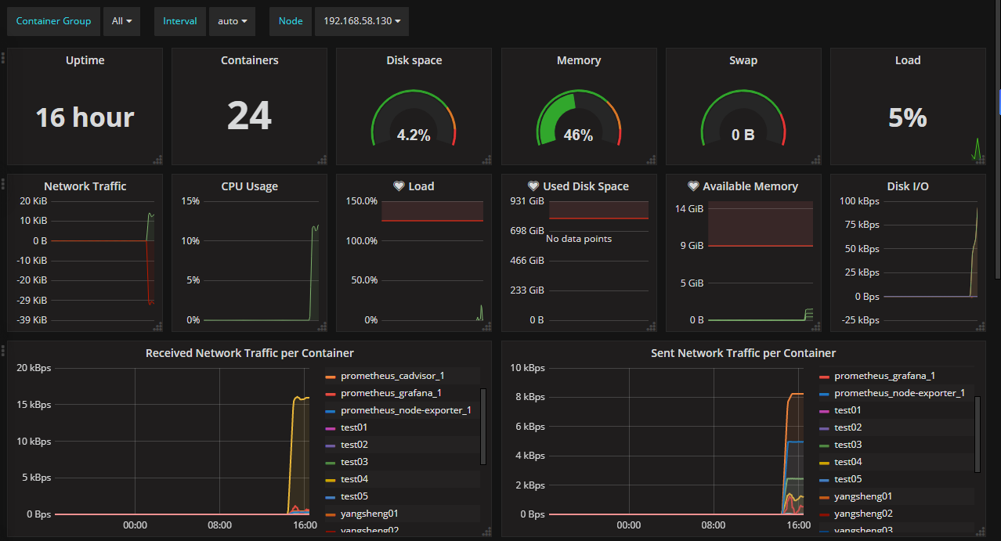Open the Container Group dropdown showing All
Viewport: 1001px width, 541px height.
coord(121,21)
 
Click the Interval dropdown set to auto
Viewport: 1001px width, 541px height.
coord(231,21)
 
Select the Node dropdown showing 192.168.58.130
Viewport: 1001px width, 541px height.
coord(361,21)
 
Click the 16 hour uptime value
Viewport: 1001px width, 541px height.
coord(85,117)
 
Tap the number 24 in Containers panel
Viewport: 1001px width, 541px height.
coord(249,116)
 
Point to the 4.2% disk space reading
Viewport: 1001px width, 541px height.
coord(414,135)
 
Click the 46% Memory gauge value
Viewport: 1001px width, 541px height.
coord(578,135)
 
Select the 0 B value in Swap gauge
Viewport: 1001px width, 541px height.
coord(743,135)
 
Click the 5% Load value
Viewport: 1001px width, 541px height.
coord(908,117)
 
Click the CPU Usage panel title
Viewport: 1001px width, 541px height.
coord(249,186)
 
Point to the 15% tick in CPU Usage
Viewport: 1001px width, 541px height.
coord(190,201)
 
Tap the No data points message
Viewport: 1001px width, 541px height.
coord(579,238)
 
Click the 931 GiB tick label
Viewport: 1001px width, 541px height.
coord(527,201)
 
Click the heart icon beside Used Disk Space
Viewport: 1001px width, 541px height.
coord(533,186)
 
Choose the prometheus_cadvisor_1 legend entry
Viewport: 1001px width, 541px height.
coord(392,376)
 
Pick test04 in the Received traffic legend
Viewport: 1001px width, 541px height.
coord(354,479)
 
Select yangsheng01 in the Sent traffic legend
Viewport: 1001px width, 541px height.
coord(863,496)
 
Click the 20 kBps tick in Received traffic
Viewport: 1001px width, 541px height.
coord(34,368)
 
